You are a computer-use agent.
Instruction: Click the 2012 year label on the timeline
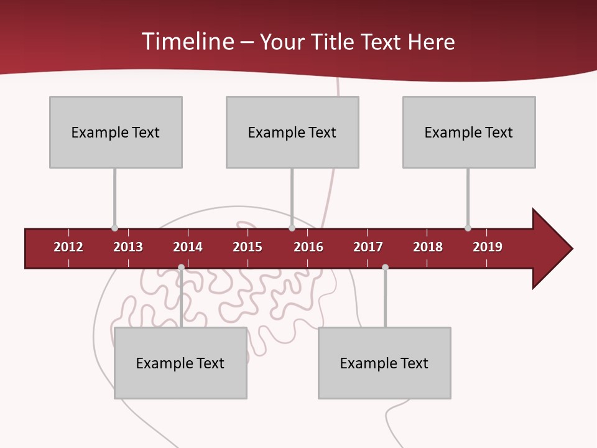(x=68, y=247)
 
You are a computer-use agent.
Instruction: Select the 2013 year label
(x=128, y=247)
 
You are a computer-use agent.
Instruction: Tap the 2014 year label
(x=188, y=247)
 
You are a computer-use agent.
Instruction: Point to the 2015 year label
(x=248, y=247)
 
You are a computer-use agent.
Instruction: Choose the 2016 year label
(x=308, y=247)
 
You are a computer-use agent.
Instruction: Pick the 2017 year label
(x=368, y=247)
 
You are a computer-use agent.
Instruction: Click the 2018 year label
(x=428, y=247)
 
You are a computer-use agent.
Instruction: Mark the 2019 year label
(x=488, y=247)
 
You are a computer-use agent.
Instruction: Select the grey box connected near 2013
(x=116, y=132)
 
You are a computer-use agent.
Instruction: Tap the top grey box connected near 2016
(x=292, y=132)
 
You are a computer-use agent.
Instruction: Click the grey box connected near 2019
(x=469, y=132)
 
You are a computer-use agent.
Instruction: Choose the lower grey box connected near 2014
(x=180, y=363)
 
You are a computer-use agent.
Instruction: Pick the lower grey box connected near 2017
(x=384, y=363)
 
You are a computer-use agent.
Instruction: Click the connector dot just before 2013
(x=114, y=228)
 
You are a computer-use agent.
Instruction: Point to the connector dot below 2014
(x=181, y=267)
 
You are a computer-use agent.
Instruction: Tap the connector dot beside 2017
(x=385, y=267)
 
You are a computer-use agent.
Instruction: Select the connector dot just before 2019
(x=468, y=228)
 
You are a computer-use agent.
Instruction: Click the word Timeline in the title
(x=188, y=42)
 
